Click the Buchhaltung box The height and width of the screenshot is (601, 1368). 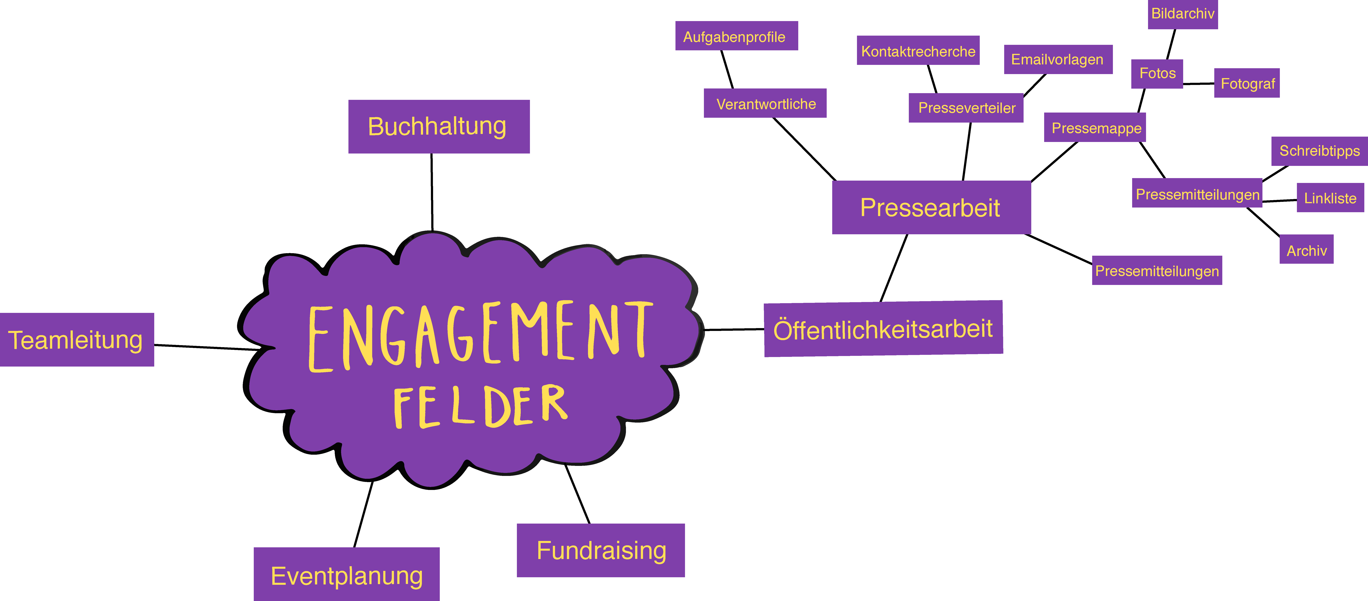pyautogui.click(x=439, y=126)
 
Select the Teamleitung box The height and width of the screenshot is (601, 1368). pyautogui.click(x=77, y=340)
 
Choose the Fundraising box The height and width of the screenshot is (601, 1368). pyautogui.click(x=601, y=550)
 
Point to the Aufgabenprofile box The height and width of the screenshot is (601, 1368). pyautogui.click(x=737, y=36)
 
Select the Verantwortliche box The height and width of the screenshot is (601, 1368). pyautogui.click(x=765, y=103)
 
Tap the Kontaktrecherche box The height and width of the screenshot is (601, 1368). pyautogui.click(x=918, y=51)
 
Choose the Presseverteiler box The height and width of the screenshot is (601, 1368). pyautogui.click(x=966, y=108)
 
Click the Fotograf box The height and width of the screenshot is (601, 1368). pyautogui.click(x=1247, y=83)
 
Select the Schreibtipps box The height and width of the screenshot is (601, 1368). pyautogui.click(x=1320, y=151)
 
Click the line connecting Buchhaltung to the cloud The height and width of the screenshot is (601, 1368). pyautogui.click(x=432, y=192)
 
